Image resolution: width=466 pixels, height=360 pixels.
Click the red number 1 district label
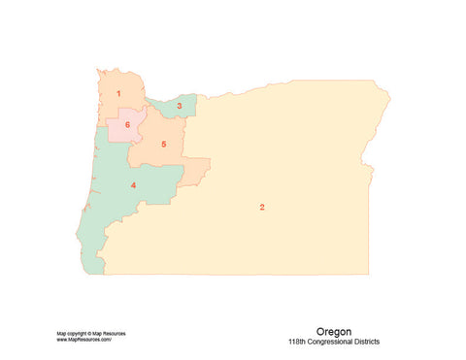(118, 94)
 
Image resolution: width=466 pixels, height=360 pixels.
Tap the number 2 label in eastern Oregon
(262, 207)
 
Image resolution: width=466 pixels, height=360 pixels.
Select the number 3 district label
(179, 105)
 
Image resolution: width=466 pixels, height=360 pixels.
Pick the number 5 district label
(164, 145)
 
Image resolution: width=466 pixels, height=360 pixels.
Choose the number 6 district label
(127, 124)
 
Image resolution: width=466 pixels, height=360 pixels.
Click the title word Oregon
(335, 331)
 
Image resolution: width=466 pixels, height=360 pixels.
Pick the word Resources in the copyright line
(114, 334)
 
